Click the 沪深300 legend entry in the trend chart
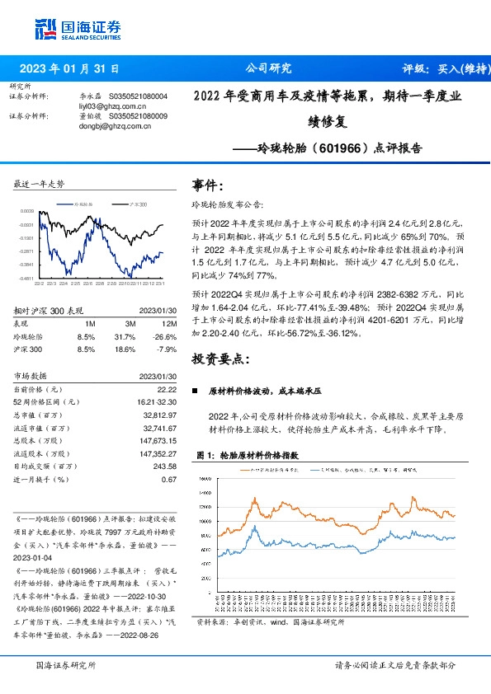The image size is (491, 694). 138,203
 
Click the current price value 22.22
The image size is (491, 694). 168,388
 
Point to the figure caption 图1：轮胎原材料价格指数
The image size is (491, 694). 248,454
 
